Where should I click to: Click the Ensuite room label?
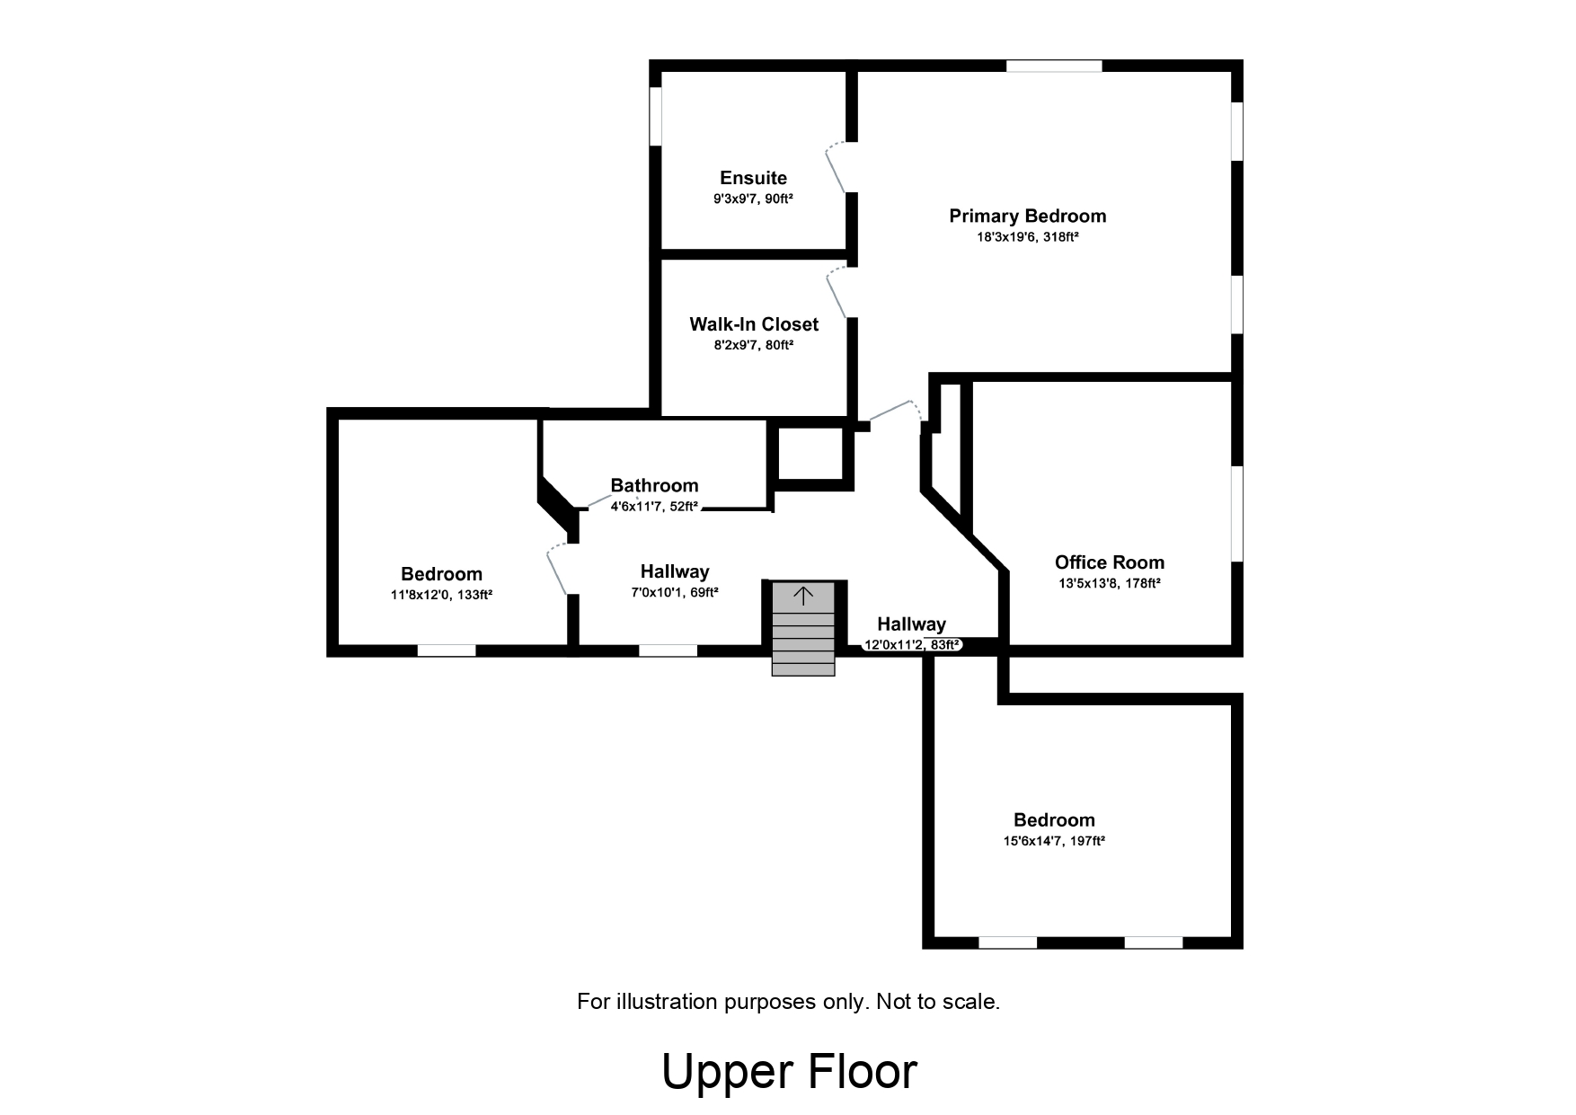pos(753,178)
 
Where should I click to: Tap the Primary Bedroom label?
pos(1027,216)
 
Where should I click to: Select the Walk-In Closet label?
pos(753,324)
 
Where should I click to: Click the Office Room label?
pos(1109,562)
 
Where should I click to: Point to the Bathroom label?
pos(654,485)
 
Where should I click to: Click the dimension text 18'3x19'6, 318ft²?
pos(1027,237)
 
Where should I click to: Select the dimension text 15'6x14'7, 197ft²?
pos(1054,842)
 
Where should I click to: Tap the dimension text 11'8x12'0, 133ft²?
pos(441,595)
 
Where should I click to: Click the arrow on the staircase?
pos(802,595)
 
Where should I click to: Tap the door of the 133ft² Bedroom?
pos(556,571)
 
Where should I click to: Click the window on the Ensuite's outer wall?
pos(656,116)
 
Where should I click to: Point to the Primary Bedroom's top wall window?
pos(1053,66)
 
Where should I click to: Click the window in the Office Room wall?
pos(1236,513)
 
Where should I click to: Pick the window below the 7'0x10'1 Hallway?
pos(668,650)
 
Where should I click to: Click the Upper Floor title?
pos(789,1071)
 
